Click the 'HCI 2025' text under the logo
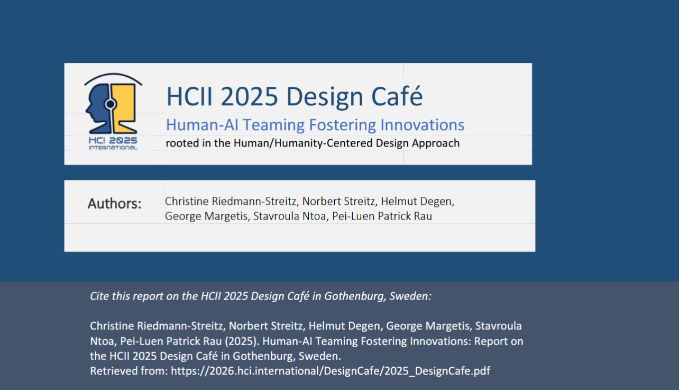point(113,140)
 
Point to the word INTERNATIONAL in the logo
point(113,148)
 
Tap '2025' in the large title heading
point(249,97)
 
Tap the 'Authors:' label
point(114,204)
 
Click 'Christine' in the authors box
point(187,201)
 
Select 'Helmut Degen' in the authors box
point(417,201)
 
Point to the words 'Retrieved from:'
point(129,371)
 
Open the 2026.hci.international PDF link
point(331,371)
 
